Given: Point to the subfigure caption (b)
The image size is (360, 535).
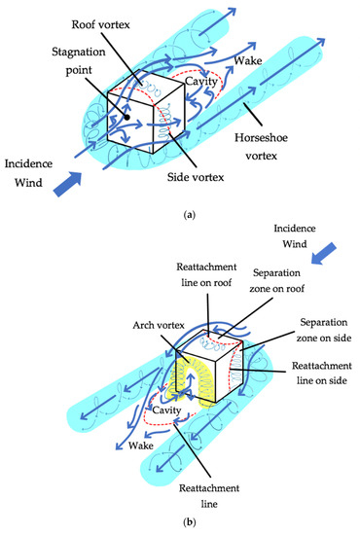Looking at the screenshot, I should [180, 523].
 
